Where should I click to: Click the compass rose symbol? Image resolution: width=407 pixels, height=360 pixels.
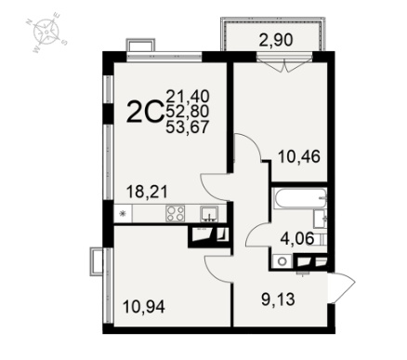46,32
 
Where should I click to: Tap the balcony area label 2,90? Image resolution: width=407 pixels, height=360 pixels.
275,40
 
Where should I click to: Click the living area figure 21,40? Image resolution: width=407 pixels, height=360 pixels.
188,96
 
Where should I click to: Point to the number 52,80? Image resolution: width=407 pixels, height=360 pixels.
188,111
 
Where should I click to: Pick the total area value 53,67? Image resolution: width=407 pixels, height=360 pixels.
188,127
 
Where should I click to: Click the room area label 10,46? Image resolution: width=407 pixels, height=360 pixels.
299,157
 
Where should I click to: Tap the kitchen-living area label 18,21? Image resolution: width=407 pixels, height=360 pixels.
147,192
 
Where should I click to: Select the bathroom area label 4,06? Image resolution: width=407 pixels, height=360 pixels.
297,239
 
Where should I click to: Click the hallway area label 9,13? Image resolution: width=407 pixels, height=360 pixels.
278,300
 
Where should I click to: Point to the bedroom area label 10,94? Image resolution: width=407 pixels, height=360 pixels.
144,307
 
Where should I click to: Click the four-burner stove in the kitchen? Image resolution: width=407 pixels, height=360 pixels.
176,213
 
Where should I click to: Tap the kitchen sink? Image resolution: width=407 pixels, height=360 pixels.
209,214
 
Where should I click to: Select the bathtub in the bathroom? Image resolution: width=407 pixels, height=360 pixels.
300,197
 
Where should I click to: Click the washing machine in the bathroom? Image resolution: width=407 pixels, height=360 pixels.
282,261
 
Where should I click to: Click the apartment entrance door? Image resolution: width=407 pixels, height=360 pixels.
341,287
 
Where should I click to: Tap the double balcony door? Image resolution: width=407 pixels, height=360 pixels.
285,63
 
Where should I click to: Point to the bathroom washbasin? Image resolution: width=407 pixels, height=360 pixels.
320,219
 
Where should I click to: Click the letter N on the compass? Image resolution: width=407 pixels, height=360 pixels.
29,22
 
